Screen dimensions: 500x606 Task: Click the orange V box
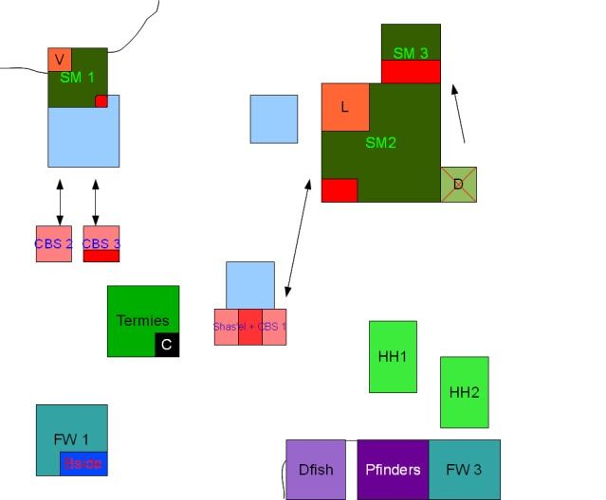[60, 60]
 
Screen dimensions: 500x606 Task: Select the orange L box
[345, 107]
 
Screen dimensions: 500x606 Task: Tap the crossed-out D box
[458, 184]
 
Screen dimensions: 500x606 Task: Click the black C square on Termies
[167, 345]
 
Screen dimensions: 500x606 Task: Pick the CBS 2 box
[53, 243]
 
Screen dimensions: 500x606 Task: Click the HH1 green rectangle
[393, 356]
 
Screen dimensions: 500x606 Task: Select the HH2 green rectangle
[464, 392]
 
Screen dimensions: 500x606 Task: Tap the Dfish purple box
[316, 469]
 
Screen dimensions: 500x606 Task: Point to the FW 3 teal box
[464, 469]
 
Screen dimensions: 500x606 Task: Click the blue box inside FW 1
[84, 464]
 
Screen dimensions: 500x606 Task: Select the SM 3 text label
[411, 53]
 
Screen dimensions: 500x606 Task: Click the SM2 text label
[380, 143]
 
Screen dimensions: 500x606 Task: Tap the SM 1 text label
[77, 78]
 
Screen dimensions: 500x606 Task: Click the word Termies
[142, 320]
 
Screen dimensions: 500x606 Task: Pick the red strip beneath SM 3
[411, 71]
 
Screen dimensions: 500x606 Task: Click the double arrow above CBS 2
[60, 202]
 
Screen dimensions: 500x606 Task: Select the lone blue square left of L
[274, 118]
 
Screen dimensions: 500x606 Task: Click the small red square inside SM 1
[101, 101]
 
